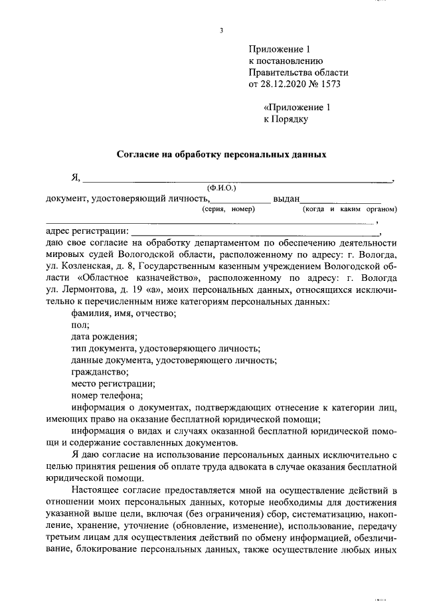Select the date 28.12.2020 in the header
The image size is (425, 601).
point(286,85)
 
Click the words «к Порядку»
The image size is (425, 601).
point(287,120)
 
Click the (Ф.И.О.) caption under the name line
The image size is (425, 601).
point(222,188)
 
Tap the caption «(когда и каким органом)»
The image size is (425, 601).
point(349,209)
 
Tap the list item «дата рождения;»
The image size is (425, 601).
point(100,337)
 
